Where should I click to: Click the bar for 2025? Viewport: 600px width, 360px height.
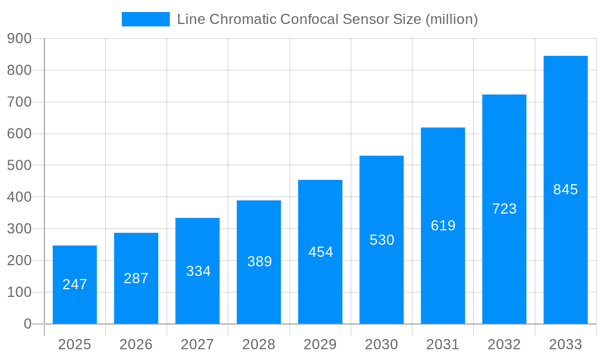pyautogui.click(x=75, y=284)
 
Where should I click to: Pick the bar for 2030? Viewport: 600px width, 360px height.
pyautogui.click(x=382, y=240)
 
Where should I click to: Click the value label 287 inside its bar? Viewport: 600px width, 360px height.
pyautogui.click(x=136, y=278)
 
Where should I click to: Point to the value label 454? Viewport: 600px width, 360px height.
pyautogui.click(x=320, y=252)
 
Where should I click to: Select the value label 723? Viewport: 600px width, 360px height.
pyautogui.click(x=504, y=209)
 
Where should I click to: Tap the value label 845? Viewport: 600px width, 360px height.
pyautogui.click(x=565, y=190)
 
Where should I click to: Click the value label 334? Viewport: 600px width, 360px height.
pyautogui.click(x=198, y=271)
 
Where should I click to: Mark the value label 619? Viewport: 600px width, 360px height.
pyautogui.click(x=443, y=226)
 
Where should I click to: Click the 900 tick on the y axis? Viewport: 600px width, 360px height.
pyautogui.click(x=19, y=38)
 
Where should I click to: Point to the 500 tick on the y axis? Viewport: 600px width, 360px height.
pyautogui.click(x=19, y=165)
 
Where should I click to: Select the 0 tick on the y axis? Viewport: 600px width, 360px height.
pyautogui.click(x=28, y=324)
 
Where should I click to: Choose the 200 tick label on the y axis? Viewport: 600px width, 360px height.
pyautogui.click(x=19, y=260)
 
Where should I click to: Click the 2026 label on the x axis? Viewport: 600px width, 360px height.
pyautogui.click(x=136, y=344)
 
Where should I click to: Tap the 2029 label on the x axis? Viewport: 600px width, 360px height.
pyautogui.click(x=320, y=344)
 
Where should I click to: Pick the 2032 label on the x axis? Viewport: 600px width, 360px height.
pyautogui.click(x=504, y=344)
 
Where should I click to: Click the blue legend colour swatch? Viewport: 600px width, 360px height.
pyautogui.click(x=146, y=19)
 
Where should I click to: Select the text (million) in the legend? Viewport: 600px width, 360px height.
pyautogui.click(x=451, y=19)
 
